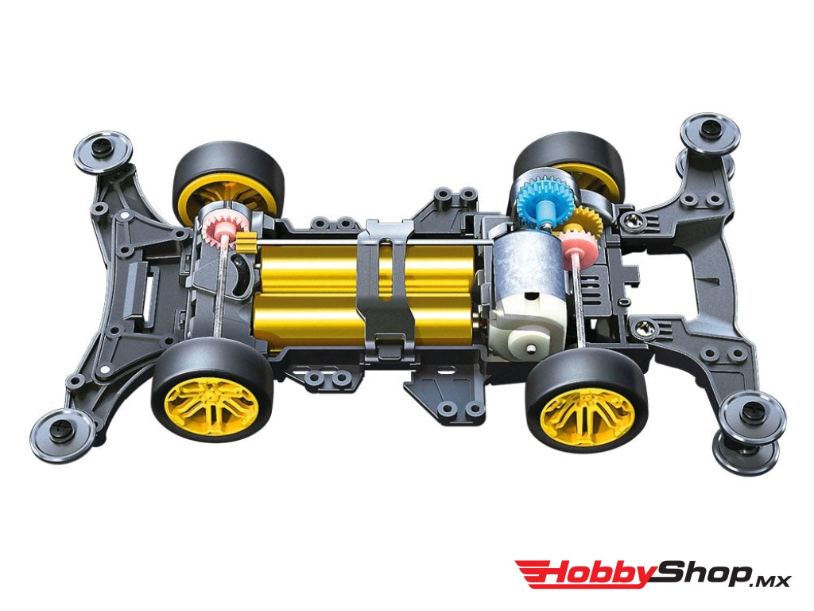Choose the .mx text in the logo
click(x=770, y=579)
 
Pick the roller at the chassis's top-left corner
click(x=103, y=150)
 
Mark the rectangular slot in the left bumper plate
click(x=148, y=280)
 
